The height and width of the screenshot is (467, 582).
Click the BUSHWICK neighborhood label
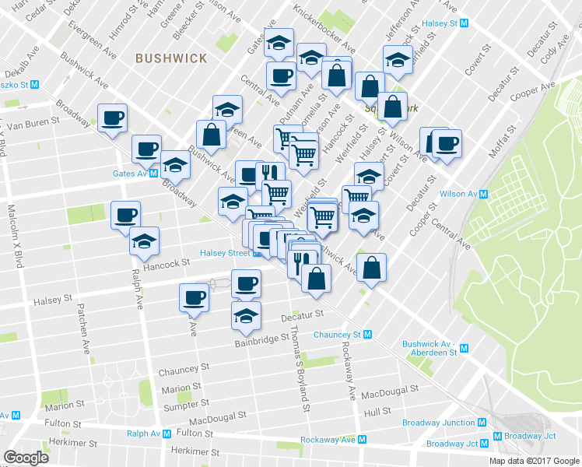point(171,58)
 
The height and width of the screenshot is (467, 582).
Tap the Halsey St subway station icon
point(465,23)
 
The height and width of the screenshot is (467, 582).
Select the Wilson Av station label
point(457,194)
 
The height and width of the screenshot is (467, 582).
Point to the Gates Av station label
point(130,174)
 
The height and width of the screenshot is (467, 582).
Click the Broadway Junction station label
point(438,423)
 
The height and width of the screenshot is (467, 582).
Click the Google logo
point(26,458)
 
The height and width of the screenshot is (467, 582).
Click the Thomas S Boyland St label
point(300,367)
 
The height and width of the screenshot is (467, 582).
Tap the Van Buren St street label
point(33,123)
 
